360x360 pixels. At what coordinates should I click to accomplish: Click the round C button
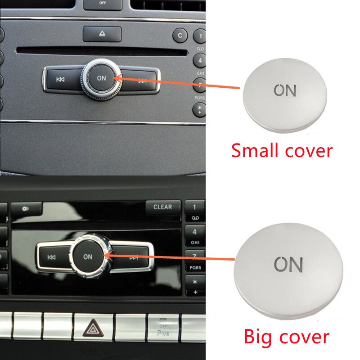point(180,36)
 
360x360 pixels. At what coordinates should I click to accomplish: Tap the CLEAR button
point(163,207)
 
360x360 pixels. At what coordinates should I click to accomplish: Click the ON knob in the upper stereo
point(101,78)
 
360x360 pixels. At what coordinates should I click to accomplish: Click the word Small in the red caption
point(255,150)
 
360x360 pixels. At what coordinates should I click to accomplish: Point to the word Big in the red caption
point(258,337)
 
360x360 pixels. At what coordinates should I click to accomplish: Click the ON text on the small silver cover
point(285,90)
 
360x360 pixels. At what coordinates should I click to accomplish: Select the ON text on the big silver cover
point(288,265)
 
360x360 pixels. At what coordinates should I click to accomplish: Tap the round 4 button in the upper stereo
point(200,60)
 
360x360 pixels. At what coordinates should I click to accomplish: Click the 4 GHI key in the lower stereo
point(195,236)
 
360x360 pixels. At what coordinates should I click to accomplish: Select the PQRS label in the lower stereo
point(195,268)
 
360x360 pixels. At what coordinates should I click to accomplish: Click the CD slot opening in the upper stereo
point(102,51)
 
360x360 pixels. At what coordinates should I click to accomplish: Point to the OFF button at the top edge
point(103,4)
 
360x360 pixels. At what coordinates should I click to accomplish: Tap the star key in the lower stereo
point(195,282)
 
